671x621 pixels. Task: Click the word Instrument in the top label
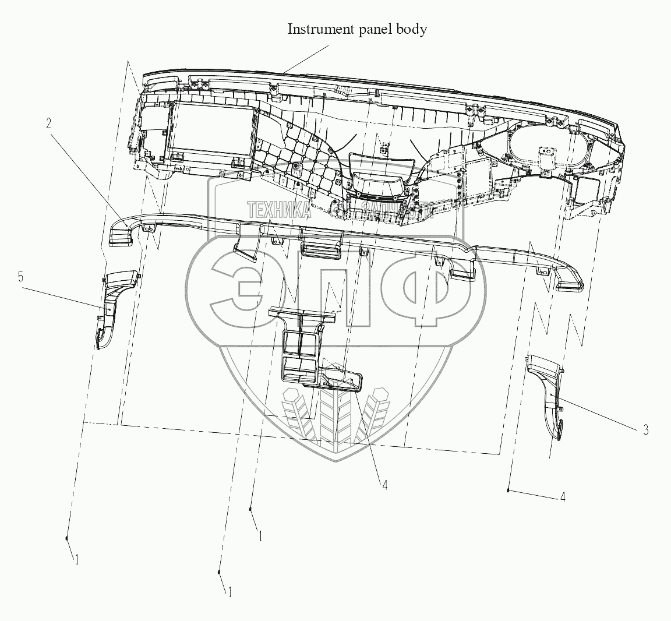tap(318, 29)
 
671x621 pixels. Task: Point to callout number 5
tap(20, 277)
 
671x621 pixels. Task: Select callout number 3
tap(645, 431)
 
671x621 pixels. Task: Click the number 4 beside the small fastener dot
tap(562, 497)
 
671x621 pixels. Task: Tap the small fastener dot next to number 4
tap(509, 491)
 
